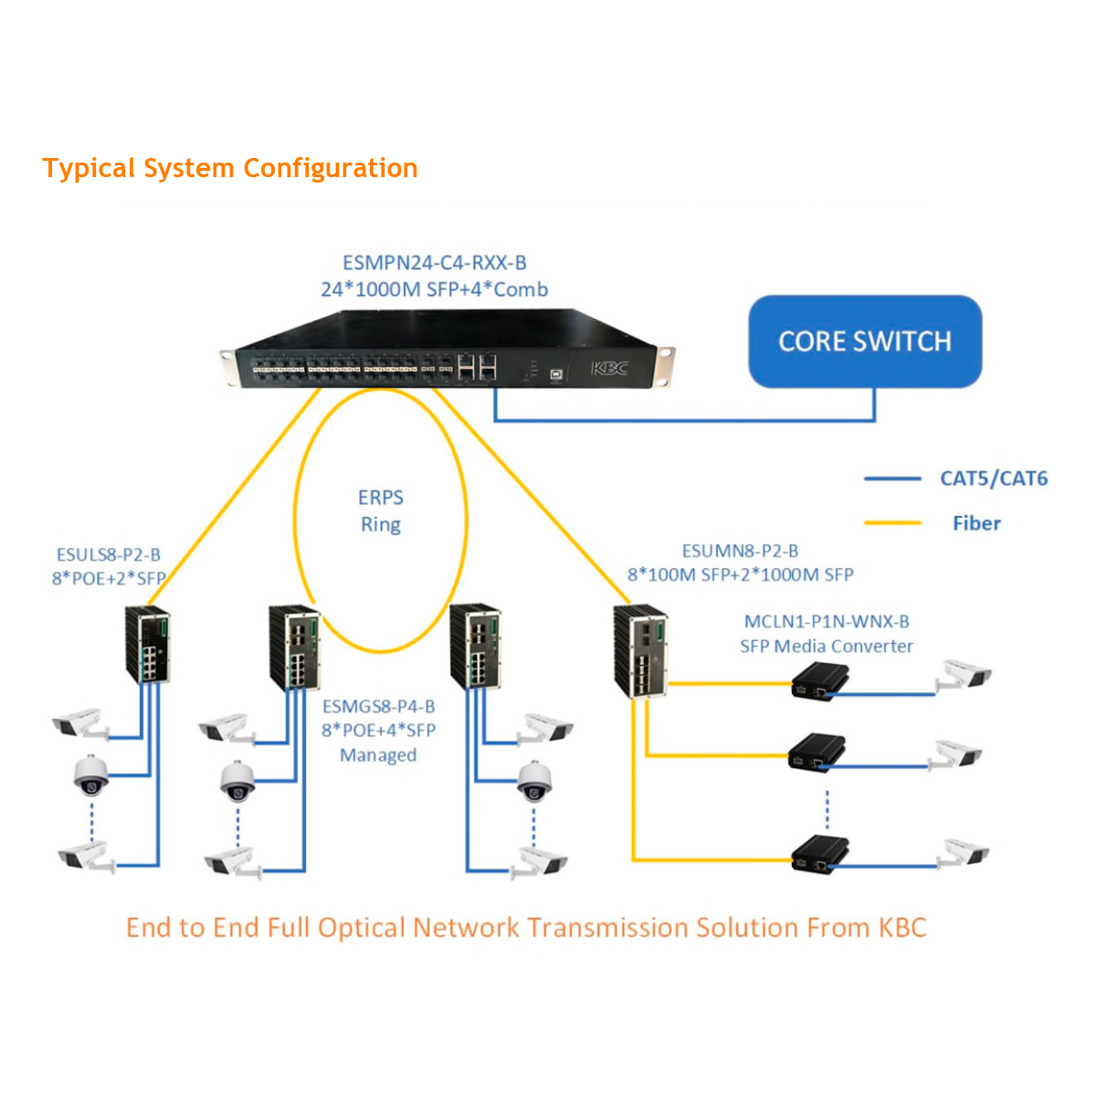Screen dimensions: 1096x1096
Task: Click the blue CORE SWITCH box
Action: (x=865, y=341)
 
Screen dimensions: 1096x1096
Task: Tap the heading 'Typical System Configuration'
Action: (x=230, y=168)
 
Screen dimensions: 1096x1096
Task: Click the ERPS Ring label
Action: (x=380, y=511)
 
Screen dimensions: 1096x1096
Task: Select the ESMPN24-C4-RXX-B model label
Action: (x=435, y=263)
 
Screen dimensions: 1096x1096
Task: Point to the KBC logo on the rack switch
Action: (x=609, y=368)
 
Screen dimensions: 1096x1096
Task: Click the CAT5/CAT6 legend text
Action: (x=994, y=479)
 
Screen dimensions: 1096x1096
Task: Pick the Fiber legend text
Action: (x=976, y=523)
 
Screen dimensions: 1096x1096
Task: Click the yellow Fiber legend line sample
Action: (x=892, y=523)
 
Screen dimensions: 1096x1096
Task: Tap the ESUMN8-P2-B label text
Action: (x=740, y=551)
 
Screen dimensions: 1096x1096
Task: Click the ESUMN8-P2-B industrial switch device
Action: (x=640, y=650)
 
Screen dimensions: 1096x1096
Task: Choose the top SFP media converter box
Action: (x=819, y=681)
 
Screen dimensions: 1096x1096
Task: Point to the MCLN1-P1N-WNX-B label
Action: (x=827, y=622)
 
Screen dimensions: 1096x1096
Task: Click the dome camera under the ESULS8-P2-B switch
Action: (x=90, y=775)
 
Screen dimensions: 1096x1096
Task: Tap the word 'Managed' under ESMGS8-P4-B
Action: (x=378, y=755)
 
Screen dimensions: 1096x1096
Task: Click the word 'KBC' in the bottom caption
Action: (x=902, y=928)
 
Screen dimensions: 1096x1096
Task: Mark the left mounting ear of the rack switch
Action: (x=228, y=367)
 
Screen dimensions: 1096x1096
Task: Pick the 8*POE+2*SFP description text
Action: (x=109, y=578)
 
